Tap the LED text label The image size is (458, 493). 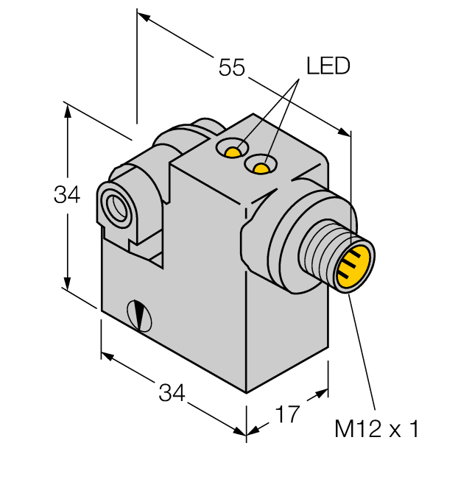click(x=328, y=66)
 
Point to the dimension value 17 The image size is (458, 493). click(x=288, y=414)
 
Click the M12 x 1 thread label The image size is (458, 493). click(x=376, y=429)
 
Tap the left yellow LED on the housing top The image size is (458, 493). click(x=233, y=152)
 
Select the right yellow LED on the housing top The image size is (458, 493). click(x=261, y=169)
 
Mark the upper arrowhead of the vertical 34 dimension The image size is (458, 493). click(x=68, y=110)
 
